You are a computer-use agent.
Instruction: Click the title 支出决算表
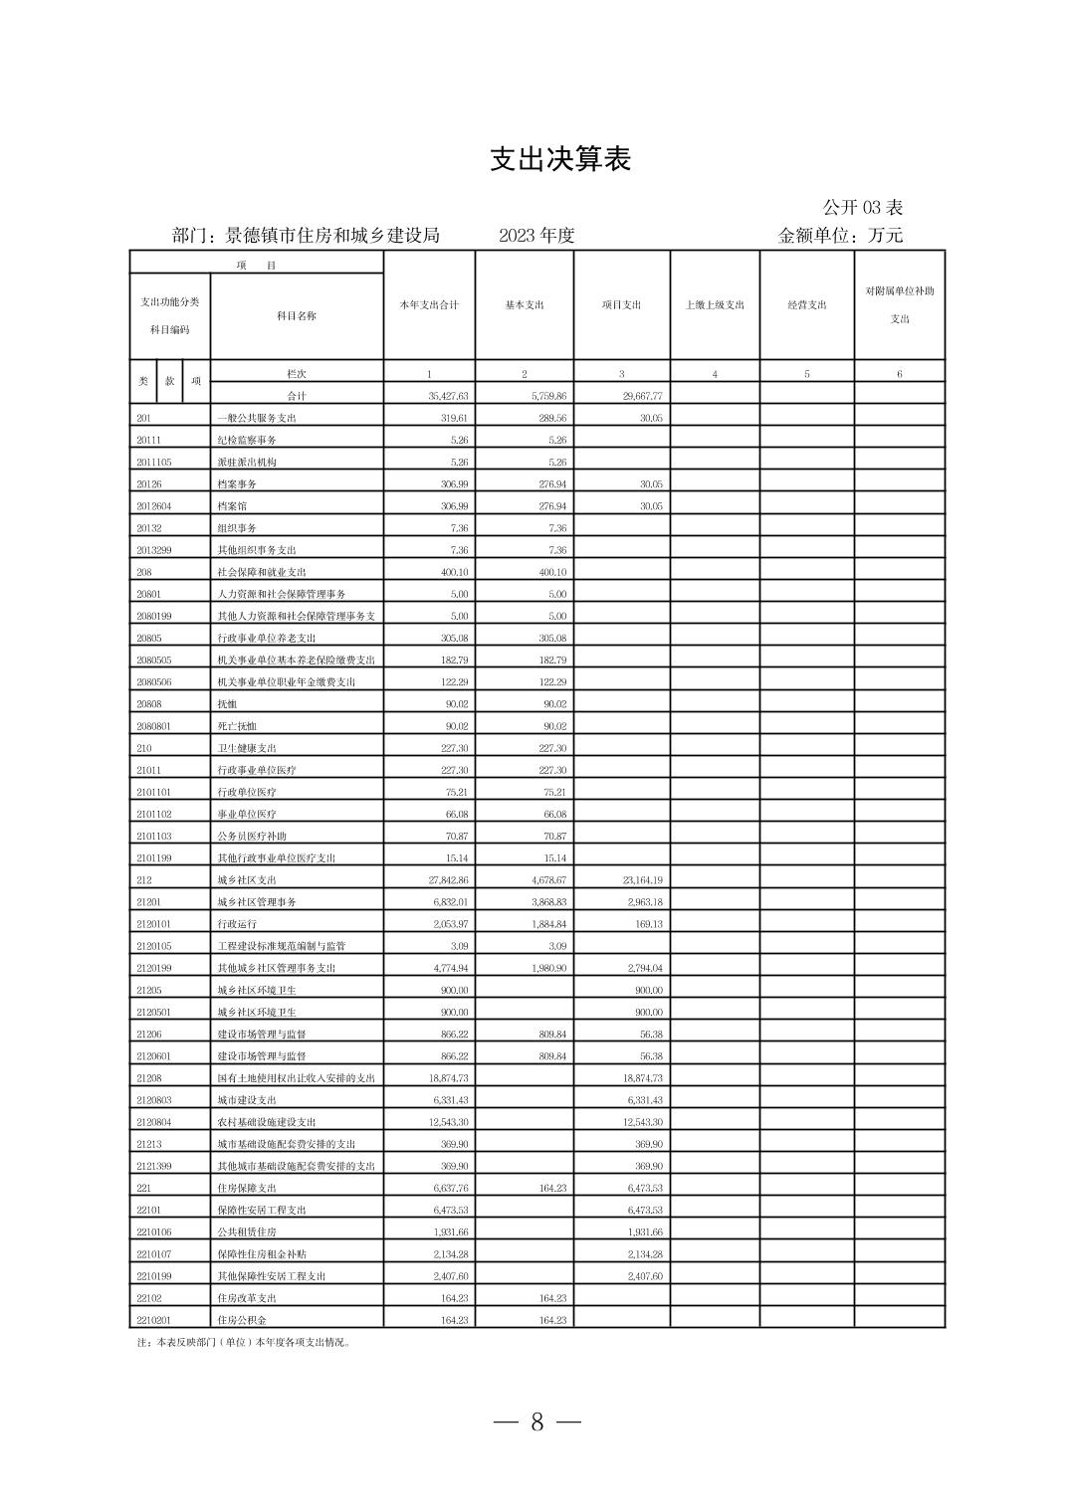(560, 159)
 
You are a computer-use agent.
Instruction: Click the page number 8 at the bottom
(536, 1422)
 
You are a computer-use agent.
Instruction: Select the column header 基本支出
(525, 305)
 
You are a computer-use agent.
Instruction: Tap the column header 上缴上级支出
(715, 305)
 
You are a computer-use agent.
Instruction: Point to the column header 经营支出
(806, 305)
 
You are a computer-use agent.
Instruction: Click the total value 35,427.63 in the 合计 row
(448, 396)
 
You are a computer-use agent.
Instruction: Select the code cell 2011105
(154, 463)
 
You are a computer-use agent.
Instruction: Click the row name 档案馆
(232, 506)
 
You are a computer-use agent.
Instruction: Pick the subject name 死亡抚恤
(237, 726)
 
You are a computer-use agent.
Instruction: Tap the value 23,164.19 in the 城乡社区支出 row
(642, 880)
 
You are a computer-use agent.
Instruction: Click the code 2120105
(154, 946)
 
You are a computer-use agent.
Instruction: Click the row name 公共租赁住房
(247, 1231)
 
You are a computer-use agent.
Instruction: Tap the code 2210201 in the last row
(154, 1320)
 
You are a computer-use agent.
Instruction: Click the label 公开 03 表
(862, 208)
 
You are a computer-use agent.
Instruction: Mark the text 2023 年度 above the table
(537, 236)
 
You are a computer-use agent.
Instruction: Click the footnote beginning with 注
(243, 1342)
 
